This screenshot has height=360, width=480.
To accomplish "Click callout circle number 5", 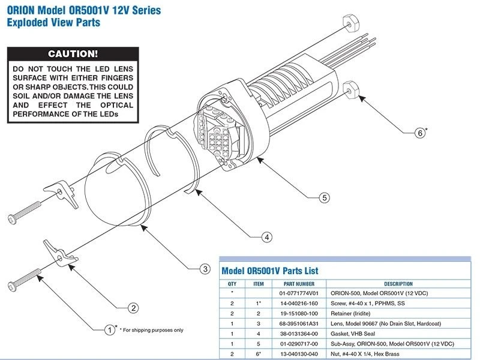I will pos(324,197).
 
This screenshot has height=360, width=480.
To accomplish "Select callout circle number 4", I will pos(266,237).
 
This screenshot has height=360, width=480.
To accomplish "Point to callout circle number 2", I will pos(134,308).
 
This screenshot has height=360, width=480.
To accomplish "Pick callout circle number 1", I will pos(109,329).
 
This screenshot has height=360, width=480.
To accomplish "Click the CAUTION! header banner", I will pos(73,54).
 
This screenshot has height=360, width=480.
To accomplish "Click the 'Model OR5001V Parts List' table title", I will pos(270,271).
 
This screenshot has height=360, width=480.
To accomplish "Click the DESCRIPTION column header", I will pos(398,284).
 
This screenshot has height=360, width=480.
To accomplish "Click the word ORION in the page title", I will pos(23,11).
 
